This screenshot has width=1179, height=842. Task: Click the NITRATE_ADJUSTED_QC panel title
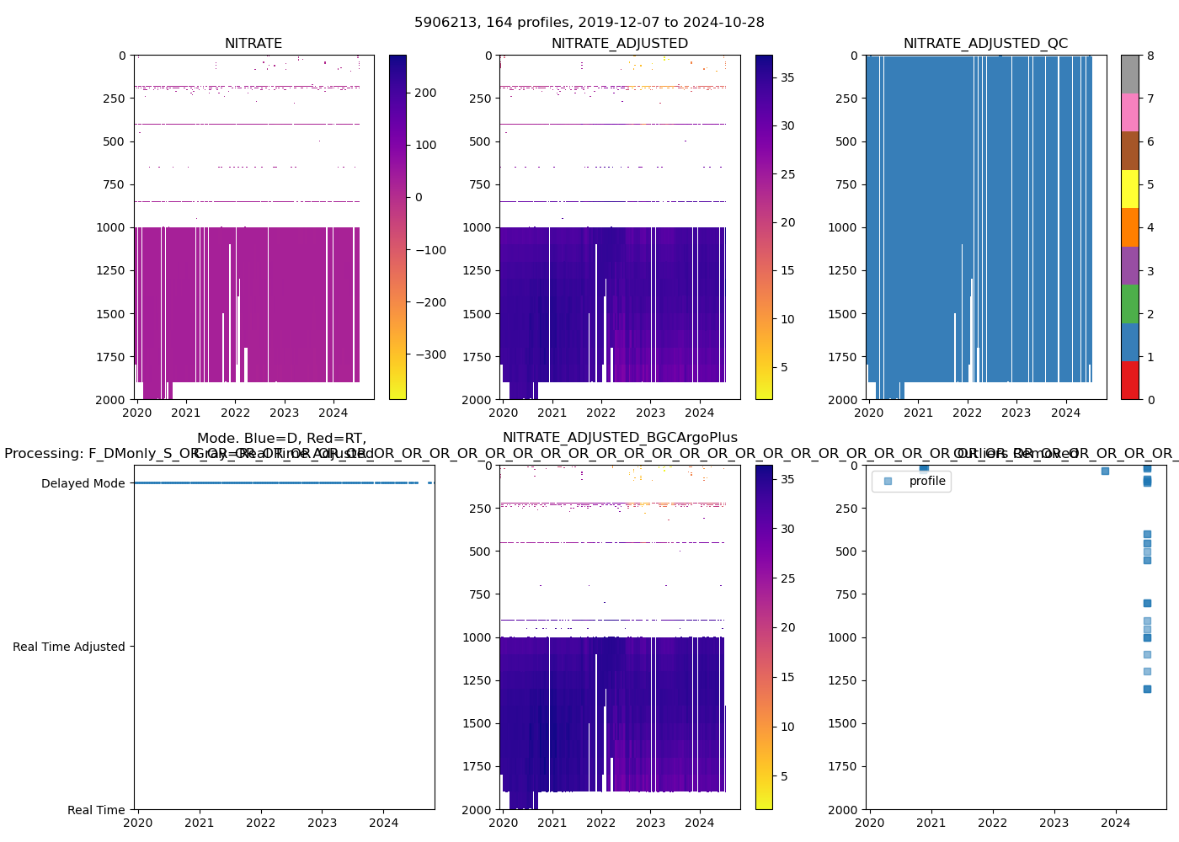pos(985,44)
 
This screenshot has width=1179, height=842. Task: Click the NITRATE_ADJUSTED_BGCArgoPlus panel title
pos(620,438)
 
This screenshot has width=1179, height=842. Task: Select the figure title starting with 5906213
pos(589,23)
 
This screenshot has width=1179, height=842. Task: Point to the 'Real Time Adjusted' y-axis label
pos(68,647)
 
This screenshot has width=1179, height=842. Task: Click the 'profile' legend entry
pos(927,482)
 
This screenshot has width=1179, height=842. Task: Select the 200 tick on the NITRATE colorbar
pos(425,93)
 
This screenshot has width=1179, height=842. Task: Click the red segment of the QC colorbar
pos(1129,380)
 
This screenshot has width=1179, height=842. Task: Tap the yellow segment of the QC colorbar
pos(1129,189)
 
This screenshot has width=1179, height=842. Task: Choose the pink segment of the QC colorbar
pos(1129,112)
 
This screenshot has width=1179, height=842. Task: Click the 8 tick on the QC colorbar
pos(1150,56)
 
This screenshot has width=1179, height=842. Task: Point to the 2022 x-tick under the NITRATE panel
pos(235,413)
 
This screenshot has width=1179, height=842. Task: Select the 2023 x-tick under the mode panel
pos(322,823)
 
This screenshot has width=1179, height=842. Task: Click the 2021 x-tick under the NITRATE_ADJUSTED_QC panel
pos(918,413)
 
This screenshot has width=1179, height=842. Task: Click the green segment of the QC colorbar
pos(1129,303)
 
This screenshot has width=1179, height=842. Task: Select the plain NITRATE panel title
pos(253,44)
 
